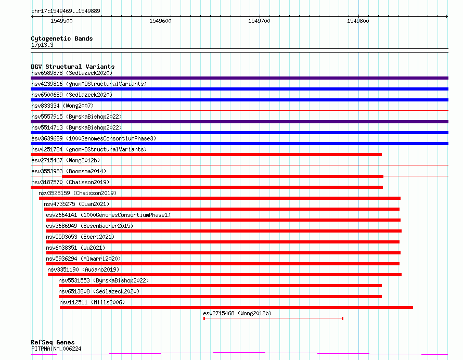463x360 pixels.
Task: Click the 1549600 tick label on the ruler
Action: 160,21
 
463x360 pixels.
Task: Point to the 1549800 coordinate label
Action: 358,21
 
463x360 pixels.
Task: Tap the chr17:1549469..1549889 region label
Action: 66,11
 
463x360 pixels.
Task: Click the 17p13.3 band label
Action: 42,45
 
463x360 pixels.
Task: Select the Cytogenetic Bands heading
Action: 62,38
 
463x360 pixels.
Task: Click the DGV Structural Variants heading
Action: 73,67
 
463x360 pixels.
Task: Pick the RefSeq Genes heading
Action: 53,342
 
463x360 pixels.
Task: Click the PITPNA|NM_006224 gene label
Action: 56,349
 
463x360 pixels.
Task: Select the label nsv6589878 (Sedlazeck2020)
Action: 72,73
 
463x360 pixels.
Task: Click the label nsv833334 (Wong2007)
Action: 62,106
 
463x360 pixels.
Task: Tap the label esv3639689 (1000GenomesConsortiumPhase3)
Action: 94,138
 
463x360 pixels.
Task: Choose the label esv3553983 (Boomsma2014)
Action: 69,171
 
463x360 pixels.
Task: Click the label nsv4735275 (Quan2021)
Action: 76,204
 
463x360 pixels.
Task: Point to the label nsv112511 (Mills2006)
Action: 92,302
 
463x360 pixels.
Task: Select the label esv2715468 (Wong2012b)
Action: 237,313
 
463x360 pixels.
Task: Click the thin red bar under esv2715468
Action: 273,318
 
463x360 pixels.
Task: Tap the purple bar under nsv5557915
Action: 239,122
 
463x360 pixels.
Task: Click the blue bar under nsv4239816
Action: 239,89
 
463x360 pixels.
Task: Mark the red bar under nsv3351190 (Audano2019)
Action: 225,275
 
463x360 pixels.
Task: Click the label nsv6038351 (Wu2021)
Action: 75,248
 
